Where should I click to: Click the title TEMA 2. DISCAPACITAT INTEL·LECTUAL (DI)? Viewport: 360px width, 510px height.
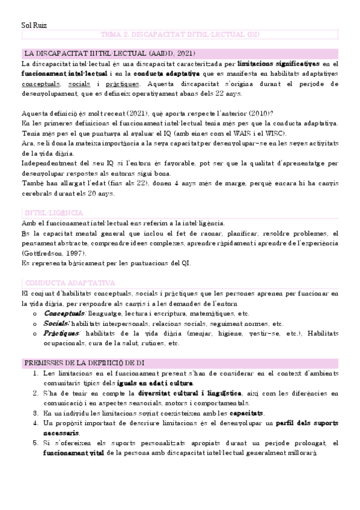(180, 35)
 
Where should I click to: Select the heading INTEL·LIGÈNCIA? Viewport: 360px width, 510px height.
(53, 214)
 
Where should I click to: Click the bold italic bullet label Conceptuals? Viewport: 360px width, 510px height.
(64, 314)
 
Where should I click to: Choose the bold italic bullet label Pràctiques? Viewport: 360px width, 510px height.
(62, 333)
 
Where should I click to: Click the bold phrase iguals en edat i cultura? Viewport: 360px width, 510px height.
(154, 383)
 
